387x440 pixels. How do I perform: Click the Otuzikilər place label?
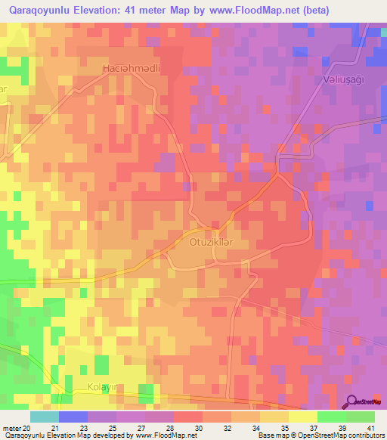(208, 242)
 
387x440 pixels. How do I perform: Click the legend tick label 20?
(27, 428)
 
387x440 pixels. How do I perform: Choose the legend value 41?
(370, 428)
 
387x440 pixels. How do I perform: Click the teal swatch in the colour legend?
(44, 417)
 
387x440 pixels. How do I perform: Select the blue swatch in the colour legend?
(73, 417)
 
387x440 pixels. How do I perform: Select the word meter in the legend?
(11, 428)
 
